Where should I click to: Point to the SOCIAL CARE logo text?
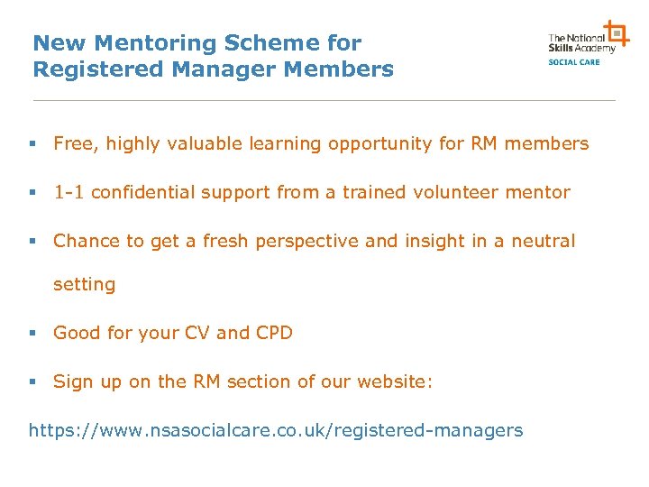click(574, 62)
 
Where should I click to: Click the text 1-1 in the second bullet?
click(69, 192)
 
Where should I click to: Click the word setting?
click(85, 285)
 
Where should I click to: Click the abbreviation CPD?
click(274, 333)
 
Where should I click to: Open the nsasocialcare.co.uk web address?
click(276, 430)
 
